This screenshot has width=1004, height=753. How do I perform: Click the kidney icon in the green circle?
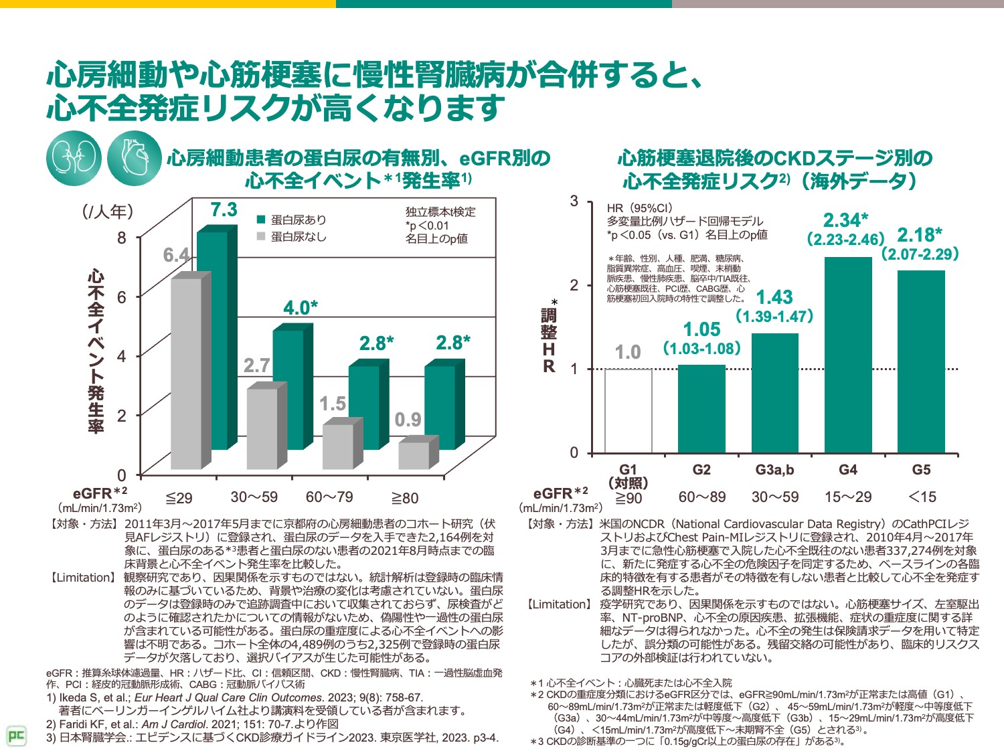(x=74, y=159)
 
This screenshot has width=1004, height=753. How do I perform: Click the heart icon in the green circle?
(x=134, y=159)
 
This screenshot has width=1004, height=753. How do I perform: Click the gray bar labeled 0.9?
(x=414, y=455)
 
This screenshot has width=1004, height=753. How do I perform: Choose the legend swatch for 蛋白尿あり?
(x=262, y=220)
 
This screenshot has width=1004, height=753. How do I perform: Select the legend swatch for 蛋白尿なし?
(x=262, y=236)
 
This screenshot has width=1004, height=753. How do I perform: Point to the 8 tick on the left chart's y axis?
(x=121, y=238)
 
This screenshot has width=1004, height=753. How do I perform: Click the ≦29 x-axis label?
(x=179, y=498)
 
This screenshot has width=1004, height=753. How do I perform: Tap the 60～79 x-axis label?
(x=329, y=497)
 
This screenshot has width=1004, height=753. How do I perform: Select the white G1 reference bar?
(x=628, y=410)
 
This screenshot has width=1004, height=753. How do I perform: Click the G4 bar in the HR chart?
(x=848, y=355)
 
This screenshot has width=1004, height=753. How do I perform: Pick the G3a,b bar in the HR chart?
(x=774, y=393)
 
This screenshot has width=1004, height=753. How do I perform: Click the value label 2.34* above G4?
(x=845, y=220)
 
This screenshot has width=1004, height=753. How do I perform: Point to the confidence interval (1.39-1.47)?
(x=774, y=317)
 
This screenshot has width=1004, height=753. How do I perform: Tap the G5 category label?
(x=921, y=470)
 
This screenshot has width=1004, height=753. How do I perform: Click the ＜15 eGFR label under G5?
(x=921, y=497)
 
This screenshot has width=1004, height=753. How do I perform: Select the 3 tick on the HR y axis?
(x=574, y=201)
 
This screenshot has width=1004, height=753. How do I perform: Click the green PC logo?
(x=16, y=736)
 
